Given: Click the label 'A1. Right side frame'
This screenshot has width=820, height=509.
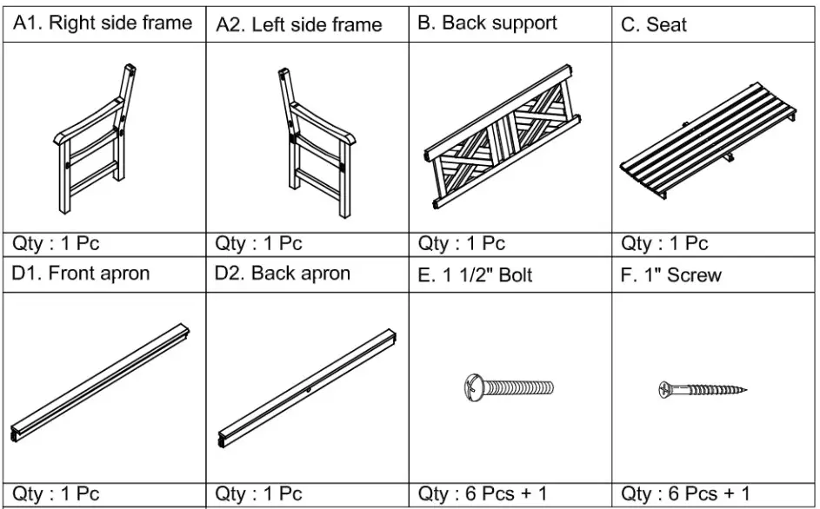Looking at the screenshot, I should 103,23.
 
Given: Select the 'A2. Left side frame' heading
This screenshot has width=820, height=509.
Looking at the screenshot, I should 299,25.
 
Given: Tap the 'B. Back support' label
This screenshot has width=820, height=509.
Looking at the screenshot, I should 487,23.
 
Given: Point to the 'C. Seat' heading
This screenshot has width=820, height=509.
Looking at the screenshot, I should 654,25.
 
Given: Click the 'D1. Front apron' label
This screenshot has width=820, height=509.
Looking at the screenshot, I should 81,274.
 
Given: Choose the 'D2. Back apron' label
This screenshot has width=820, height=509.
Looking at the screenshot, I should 283,274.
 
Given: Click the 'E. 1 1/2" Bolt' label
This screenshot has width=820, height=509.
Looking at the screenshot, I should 475,275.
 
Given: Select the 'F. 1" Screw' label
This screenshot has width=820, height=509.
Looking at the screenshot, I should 671,275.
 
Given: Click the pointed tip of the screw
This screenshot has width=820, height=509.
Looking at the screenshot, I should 746,389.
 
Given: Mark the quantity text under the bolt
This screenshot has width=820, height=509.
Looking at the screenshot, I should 483,494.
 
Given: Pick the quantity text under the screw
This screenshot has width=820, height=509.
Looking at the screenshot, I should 685,494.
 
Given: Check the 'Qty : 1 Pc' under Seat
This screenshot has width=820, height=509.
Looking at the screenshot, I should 665,244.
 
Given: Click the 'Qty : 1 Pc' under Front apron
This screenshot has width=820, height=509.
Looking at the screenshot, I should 56,494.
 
